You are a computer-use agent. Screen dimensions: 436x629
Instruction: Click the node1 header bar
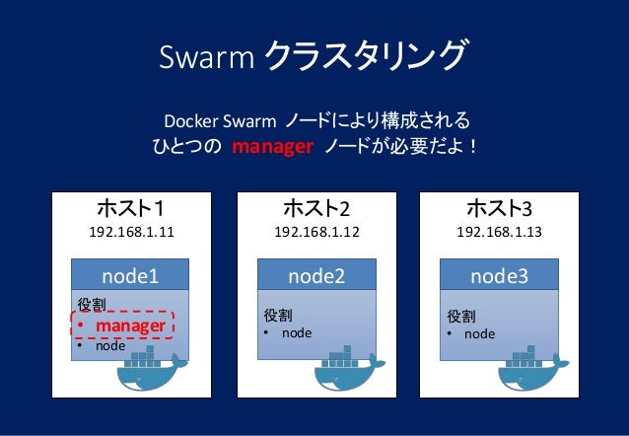131,275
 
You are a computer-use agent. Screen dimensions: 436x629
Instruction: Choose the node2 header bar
316,275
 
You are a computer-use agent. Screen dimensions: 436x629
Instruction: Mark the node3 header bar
499,275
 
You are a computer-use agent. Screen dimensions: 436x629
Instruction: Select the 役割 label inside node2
277,316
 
